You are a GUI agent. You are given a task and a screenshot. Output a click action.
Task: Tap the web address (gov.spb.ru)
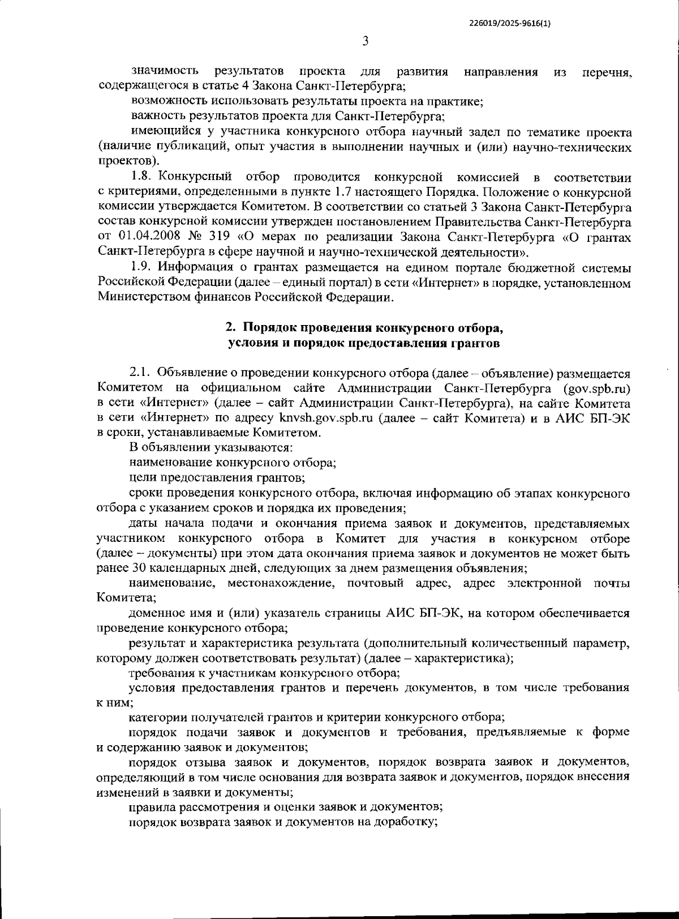coord(596,388)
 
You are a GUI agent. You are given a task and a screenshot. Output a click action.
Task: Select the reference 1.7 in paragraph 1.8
coord(386,192)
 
